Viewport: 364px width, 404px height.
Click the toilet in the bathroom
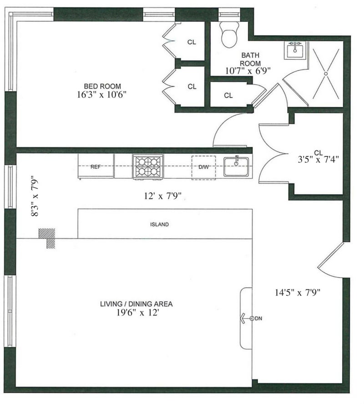[x=229, y=35]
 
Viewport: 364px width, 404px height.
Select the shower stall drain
[x=327, y=73]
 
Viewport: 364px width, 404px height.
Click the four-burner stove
[x=147, y=166]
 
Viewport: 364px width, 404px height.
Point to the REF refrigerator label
[x=96, y=167]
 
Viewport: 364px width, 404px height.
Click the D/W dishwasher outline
[x=203, y=167]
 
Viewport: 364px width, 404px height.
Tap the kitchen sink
[x=236, y=166]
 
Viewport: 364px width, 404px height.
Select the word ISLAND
[x=160, y=224]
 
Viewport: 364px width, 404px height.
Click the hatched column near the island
[x=48, y=237]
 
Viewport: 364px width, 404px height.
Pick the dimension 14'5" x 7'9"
[x=298, y=293]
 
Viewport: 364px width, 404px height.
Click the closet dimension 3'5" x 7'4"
[x=317, y=159]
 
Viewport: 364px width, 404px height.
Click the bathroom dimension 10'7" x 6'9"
[x=248, y=71]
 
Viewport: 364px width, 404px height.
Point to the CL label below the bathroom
[x=228, y=95]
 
